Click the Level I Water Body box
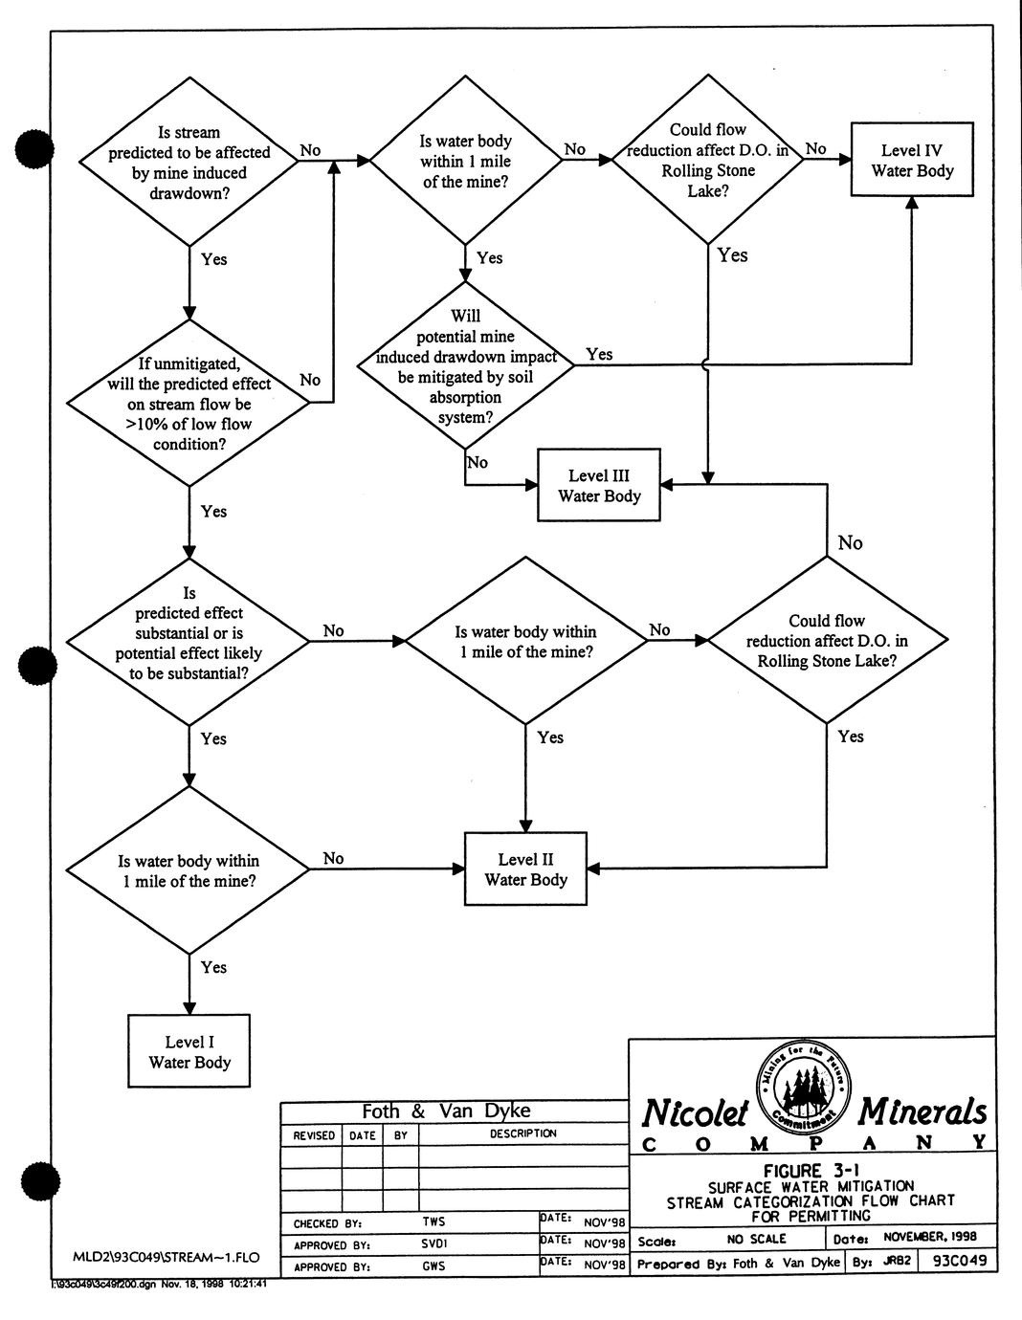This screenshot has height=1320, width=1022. click(189, 1052)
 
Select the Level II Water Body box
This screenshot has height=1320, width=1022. click(525, 869)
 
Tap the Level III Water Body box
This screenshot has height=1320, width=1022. click(599, 486)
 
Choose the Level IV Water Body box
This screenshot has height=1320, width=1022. click(912, 160)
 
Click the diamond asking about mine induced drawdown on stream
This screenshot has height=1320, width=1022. click(189, 162)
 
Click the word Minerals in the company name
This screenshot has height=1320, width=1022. click(922, 1111)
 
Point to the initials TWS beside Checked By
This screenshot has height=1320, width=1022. click(433, 1221)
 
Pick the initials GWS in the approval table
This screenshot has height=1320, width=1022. click(433, 1265)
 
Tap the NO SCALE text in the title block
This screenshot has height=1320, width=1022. click(754, 1238)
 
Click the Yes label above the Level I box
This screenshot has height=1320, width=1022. click(213, 967)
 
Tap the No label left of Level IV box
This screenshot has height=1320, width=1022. click(815, 148)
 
